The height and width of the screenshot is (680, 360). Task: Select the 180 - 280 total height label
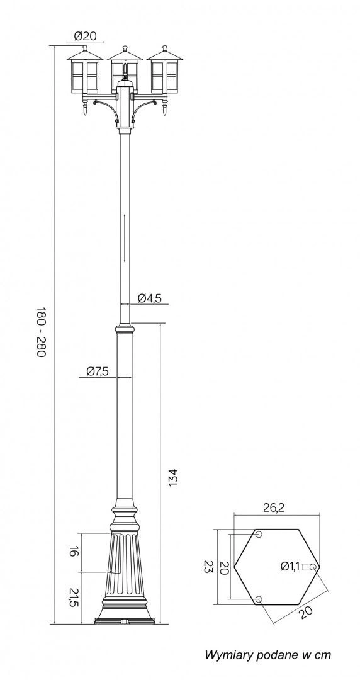click(40, 332)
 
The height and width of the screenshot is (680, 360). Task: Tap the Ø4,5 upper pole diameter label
click(150, 298)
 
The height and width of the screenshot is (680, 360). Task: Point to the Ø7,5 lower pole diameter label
click(97, 371)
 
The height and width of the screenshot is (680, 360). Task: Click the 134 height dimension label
click(172, 477)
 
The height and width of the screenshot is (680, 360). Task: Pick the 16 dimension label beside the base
click(74, 552)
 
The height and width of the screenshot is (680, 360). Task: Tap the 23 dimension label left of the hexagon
click(209, 567)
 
